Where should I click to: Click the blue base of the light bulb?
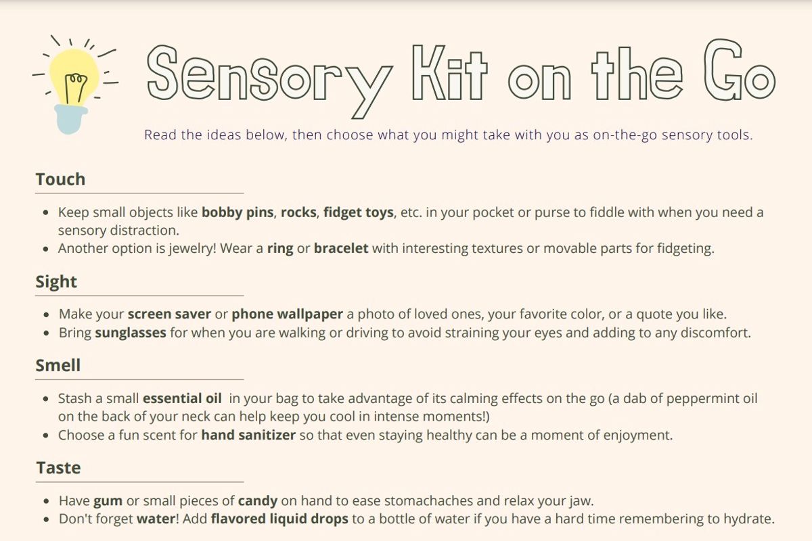click(x=70, y=119)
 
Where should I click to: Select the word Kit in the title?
click(x=449, y=72)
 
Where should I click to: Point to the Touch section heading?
click(x=60, y=179)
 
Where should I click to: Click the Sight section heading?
click(x=56, y=282)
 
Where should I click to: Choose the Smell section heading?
click(x=58, y=365)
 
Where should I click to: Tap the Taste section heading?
click(x=58, y=467)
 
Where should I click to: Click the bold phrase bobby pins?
click(x=238, y=213)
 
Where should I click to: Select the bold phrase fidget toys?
click(x=359, y=213)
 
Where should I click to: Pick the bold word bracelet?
click(x=341, y=249)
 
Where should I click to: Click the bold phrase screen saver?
click(x=169, y=314)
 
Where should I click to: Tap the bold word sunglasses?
click(x=131, y=333)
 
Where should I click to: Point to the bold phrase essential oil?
click(x=182, y=398)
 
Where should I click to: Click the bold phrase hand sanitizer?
click(x=248, y=435)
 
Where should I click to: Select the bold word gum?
click(x=108, y=502)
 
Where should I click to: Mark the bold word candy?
click(x=258, y=501)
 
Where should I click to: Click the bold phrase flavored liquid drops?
click(x=279, y=519)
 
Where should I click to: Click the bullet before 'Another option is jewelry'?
click(x=46, y=249)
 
